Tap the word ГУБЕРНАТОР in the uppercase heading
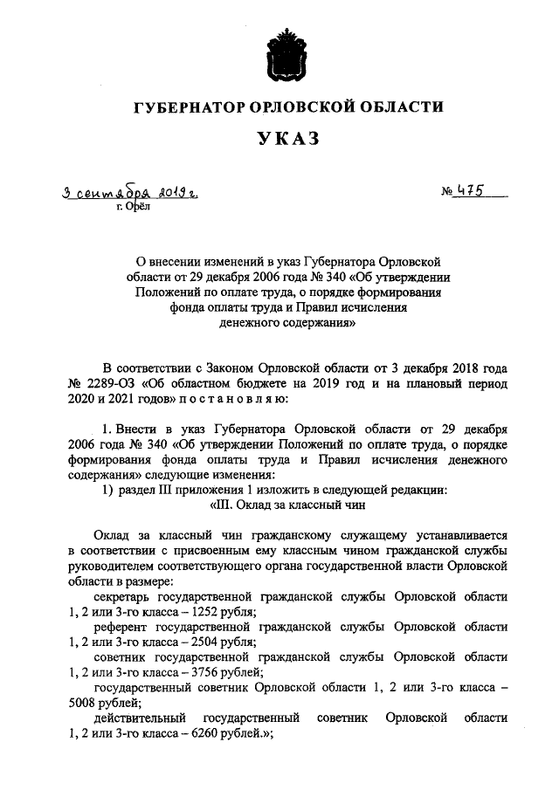coord(190,107)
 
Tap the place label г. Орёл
coord(134,206)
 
